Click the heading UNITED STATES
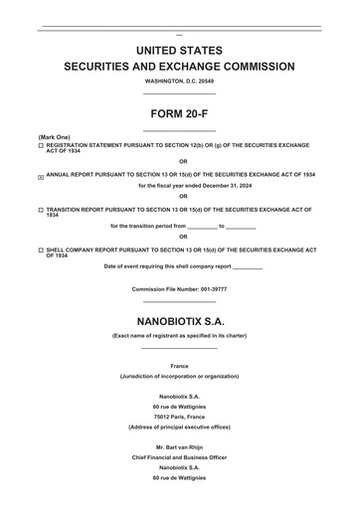click(x=179, y=50)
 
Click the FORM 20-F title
click(x=179, y=113)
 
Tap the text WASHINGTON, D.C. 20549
click(x=179, y=81)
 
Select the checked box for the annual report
click(x=41, y=176)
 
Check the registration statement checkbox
click(x=41, y=145)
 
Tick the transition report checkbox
click(x=41, y=211)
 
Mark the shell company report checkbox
click(x=41, y=251)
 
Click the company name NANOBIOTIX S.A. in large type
click(x=179, y=320)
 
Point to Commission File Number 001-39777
click(x=179, y=288)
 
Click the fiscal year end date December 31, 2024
click(x=218, y=185)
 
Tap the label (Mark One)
click(x=54, y=136)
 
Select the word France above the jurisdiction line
click(x=179, y=366)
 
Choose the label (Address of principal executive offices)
click(x=179, y=425)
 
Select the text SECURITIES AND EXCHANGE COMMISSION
click(x=179, y=67)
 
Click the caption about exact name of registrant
click(x=179, y=336)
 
